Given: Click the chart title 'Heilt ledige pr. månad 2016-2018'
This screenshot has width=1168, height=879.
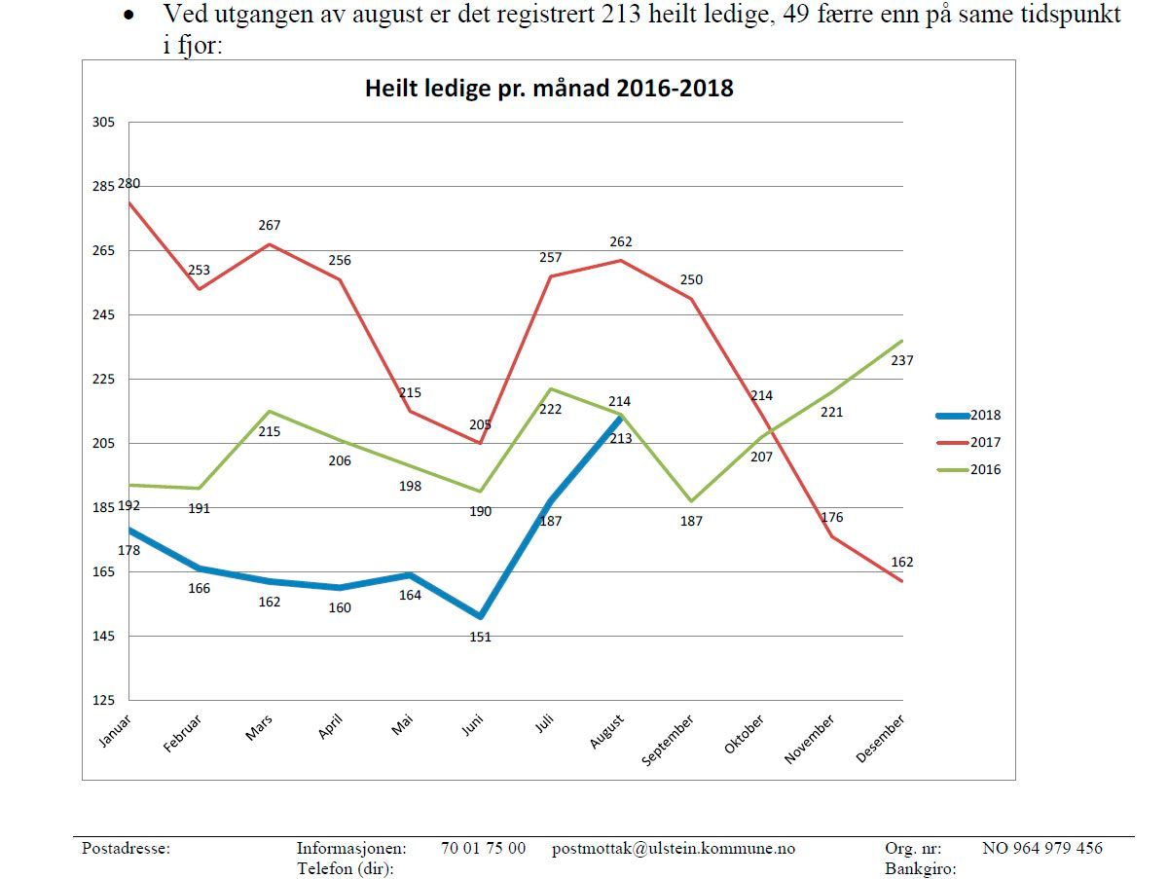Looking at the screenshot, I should click(549, 89).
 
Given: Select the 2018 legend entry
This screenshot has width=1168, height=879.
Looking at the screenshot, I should click(984, 415).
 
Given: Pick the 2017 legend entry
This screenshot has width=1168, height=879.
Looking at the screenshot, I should click(984, 442).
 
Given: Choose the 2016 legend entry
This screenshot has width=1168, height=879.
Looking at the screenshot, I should click(984, 469).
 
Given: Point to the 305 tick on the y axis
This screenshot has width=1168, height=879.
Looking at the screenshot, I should click(103, 122).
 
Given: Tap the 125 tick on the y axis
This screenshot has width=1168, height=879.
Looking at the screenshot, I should click(103, 700).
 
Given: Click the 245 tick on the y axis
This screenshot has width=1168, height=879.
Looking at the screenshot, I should click(103, 314).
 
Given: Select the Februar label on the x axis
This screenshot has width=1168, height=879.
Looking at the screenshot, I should click(184, 732).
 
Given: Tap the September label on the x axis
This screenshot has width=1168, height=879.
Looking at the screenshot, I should click(669, 740).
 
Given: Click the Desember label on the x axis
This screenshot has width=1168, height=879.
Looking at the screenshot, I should click(881, 738).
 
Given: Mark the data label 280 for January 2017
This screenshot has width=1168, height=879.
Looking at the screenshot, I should click(129, 183).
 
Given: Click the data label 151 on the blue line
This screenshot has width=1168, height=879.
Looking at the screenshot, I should click(480, 638).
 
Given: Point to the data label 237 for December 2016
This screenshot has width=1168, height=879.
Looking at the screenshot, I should click(902, 360).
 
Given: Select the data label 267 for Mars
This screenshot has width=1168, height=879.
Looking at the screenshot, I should click(270, 225).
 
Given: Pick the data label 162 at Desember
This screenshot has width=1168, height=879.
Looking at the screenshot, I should click(902, 562).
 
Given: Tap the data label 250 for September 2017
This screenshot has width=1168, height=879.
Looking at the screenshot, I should click(691, 279).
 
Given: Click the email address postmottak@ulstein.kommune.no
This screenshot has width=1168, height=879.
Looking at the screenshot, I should click(673, 848).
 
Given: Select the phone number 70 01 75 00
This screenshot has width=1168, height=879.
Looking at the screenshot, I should click(483, 848).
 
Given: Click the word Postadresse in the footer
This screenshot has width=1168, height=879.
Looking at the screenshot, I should click(126, 848).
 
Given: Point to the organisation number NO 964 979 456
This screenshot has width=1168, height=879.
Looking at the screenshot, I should click(1041, 848).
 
